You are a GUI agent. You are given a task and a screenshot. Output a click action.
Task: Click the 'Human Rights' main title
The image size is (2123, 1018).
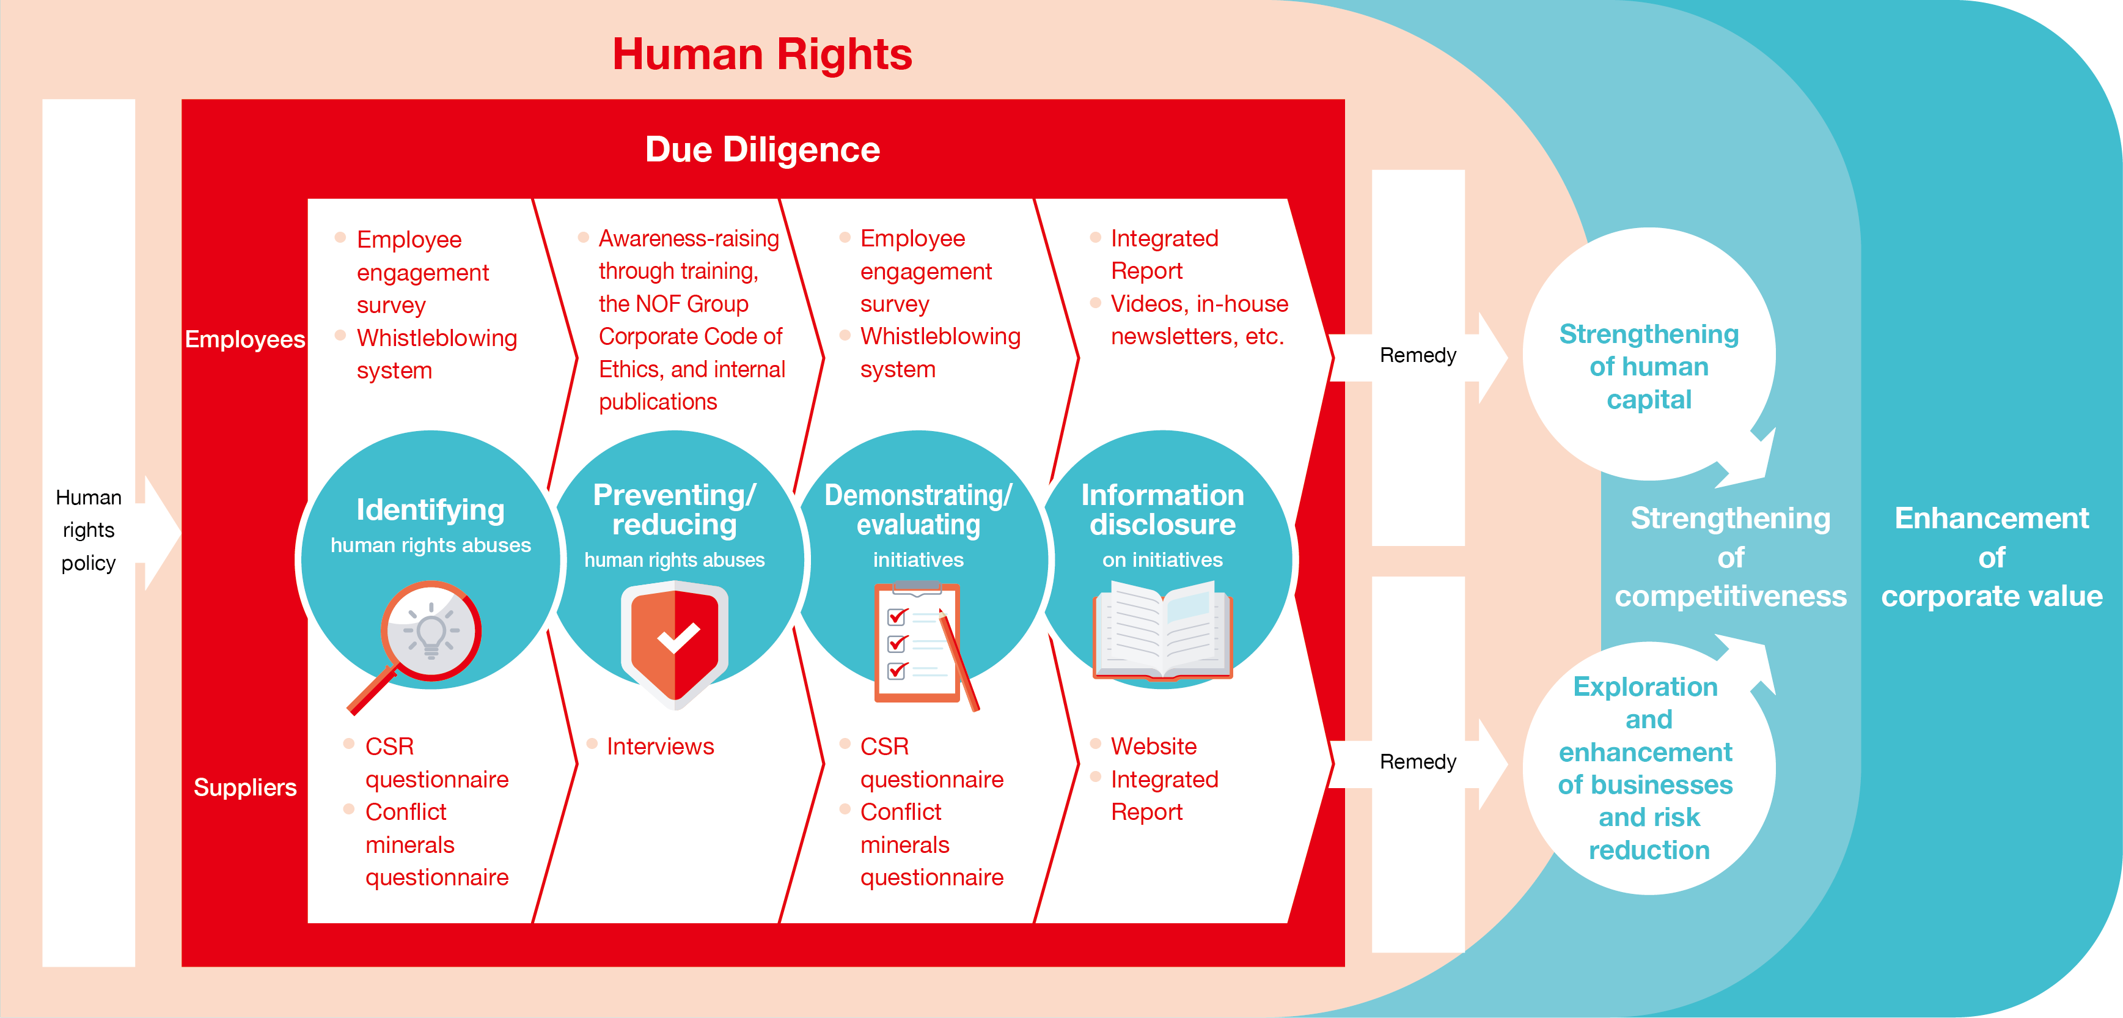point(761,54)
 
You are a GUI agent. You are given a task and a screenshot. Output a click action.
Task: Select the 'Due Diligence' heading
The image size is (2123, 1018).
point(762,150)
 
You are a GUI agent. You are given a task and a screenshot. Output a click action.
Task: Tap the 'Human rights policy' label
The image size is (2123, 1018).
point(88,530)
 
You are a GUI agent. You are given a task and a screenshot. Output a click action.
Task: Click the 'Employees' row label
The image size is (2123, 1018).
point(245,339)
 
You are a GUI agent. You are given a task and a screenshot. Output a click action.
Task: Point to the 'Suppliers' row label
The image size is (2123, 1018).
point(245,787)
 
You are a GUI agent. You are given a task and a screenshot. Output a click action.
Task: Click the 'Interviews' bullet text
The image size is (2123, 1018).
point(660,746)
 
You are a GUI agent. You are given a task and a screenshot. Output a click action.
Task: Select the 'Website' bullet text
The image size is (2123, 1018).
point(1153,746)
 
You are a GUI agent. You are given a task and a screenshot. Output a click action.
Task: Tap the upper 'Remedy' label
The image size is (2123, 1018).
point(1418,355)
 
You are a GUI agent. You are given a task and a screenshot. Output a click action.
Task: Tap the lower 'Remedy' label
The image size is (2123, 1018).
point(1418,762)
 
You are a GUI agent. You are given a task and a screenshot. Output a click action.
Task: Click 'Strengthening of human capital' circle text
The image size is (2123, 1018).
point(1648,367)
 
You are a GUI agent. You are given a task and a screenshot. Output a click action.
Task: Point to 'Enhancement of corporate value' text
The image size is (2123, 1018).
point(1991,557)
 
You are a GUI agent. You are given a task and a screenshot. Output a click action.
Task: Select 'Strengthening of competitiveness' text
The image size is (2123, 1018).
point(1730,557)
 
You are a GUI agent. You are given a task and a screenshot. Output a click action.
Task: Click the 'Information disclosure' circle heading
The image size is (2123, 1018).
point(1162,509)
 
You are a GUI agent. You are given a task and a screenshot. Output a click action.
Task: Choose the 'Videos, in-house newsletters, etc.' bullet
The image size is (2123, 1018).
point(1198,320)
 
